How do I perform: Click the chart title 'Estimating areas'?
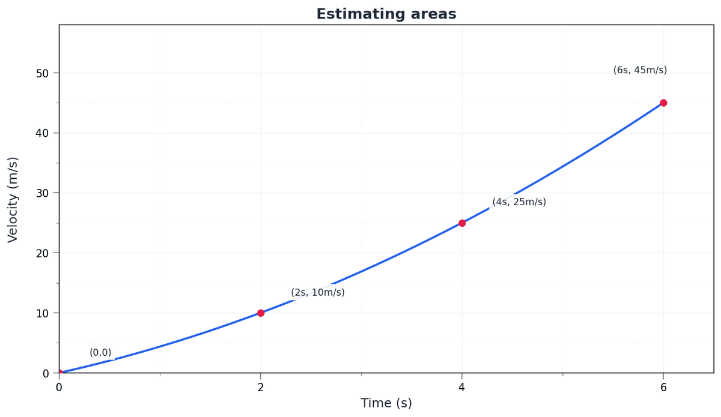pos(386,14)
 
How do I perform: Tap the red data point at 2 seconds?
pos(261,313)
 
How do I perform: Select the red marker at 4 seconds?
pos(462,223)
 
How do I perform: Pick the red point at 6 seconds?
pos(663,103)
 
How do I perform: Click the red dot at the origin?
pos(59,373)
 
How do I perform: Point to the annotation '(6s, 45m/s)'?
pos(640,70)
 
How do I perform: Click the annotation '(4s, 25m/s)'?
pos(519,202)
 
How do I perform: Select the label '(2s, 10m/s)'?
pos(318,293)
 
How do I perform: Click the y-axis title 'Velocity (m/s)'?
pos(13,199)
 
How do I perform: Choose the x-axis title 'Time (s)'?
pos(386,403)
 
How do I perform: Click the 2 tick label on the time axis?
pos(261,388)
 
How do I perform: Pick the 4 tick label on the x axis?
pos(462,388)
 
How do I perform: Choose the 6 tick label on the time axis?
pos(663,388)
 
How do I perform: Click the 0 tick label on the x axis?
pos(59,388)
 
